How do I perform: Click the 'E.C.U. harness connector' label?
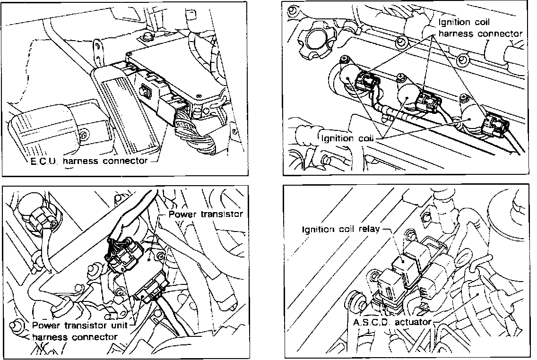point(87,161)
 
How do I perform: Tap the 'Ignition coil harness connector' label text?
point(480,28)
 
